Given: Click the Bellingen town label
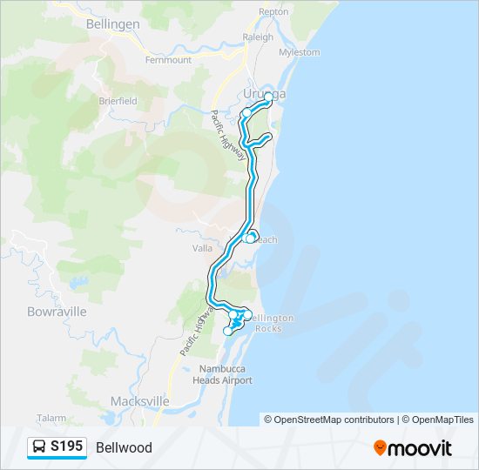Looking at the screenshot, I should coord(113,24).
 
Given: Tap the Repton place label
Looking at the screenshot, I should coord(273,13).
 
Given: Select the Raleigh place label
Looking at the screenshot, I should coord(258,37).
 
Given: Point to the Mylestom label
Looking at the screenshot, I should coord(300,52).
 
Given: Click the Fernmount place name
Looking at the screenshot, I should coord(168,60).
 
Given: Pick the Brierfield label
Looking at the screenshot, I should coord(118,101).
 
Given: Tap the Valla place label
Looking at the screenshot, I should coord(202,248).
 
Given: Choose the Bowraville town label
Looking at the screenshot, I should coord(57,311).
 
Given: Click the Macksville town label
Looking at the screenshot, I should coord(139,401).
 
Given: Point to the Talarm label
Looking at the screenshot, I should coord(51,419).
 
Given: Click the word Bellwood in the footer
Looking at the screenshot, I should coord(124,448).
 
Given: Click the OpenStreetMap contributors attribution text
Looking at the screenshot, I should coord(329,420).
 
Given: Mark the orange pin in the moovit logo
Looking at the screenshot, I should coord(380,448).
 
